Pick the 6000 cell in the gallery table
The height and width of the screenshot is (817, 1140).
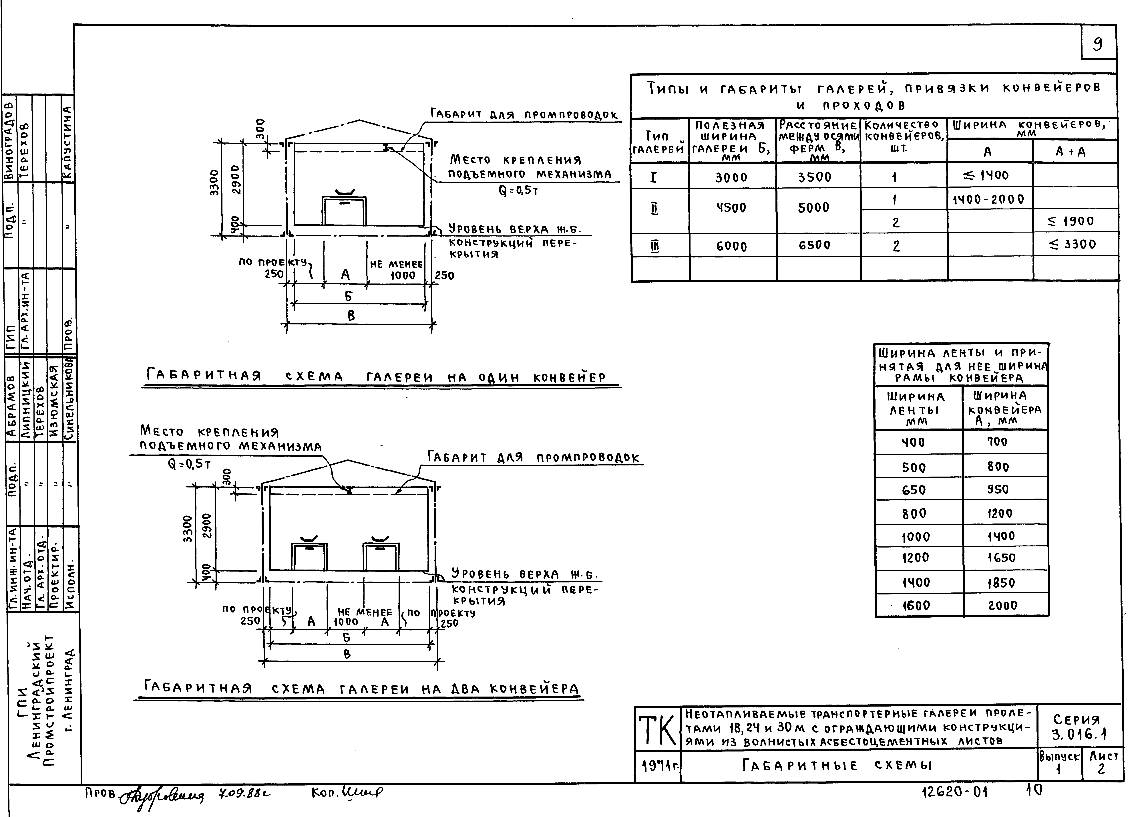point(731,246)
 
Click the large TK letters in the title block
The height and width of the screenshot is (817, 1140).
point(657,731)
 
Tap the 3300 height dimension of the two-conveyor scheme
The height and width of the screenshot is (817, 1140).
point(188,529)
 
